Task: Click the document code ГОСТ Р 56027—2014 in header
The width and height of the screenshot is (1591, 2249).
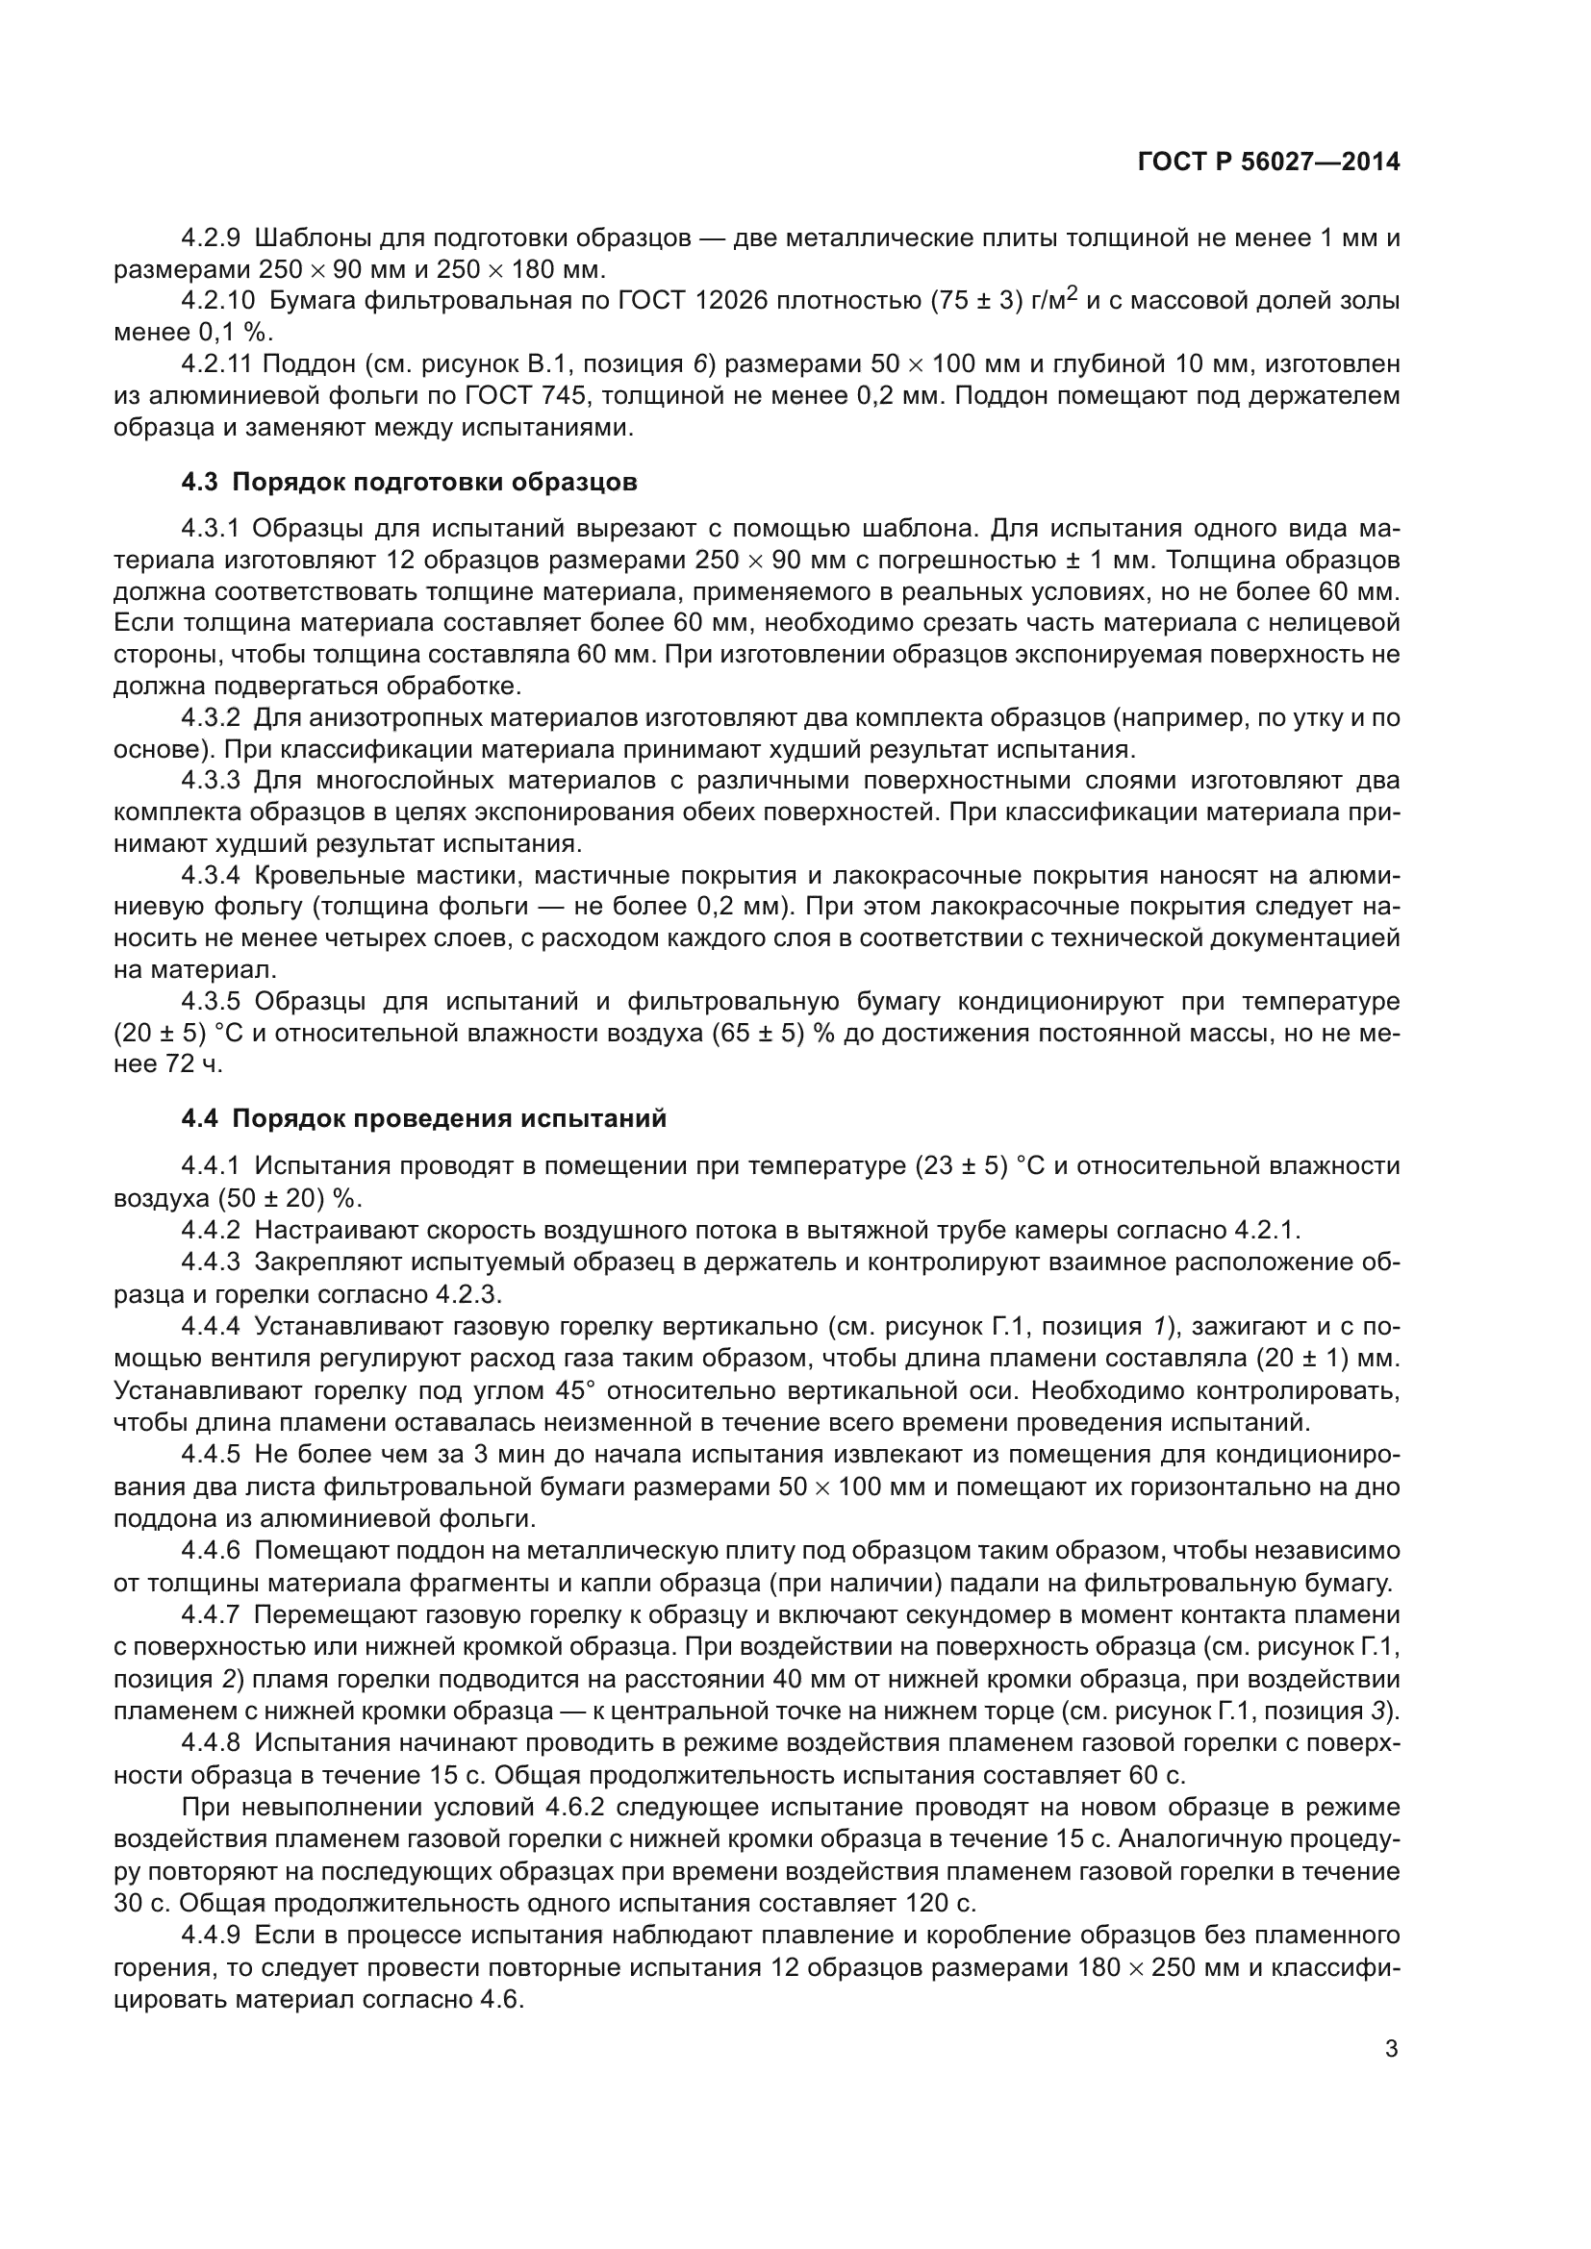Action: (1269, 162)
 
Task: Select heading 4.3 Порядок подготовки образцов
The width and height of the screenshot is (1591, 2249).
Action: (410, 482)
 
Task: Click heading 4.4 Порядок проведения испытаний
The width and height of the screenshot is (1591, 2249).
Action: (424, 1118)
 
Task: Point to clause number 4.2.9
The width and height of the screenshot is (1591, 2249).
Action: (211, 238)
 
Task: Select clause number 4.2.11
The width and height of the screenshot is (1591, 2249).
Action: (216, 364)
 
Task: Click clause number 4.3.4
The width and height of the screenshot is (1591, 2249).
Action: (211, 876)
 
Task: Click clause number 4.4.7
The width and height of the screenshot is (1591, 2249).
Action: (211, 1614)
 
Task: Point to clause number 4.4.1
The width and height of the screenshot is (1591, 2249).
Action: (211, 1165)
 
